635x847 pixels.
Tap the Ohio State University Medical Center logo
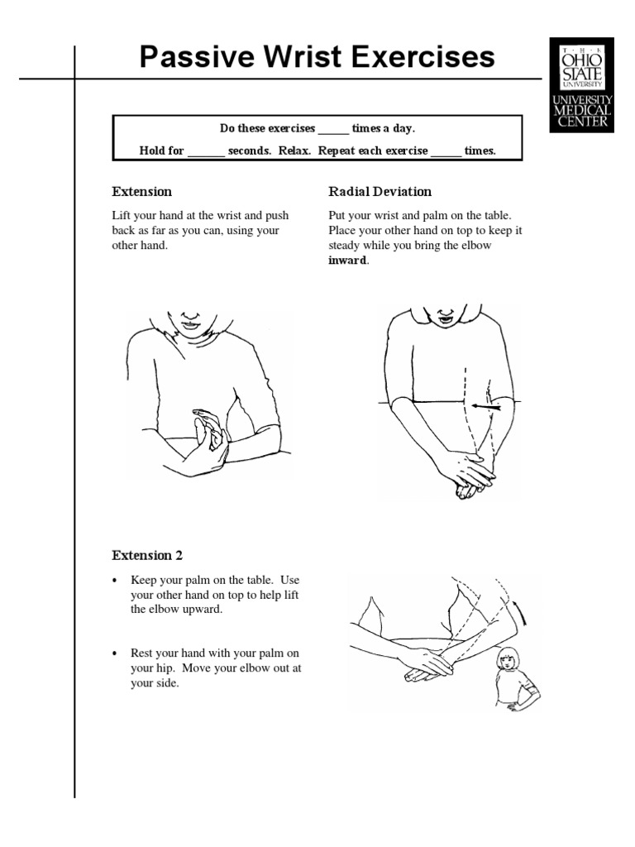point(582,84)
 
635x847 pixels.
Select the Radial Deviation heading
point(380,192)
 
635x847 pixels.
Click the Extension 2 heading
point(153,555)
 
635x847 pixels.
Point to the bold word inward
point(347,261)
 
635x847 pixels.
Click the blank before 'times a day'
point(333,130)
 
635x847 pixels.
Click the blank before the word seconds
point(206,152)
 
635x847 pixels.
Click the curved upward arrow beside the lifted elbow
point(520,615)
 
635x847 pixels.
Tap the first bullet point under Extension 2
point(116,580)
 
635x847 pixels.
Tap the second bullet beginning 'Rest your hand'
point(116,653)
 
